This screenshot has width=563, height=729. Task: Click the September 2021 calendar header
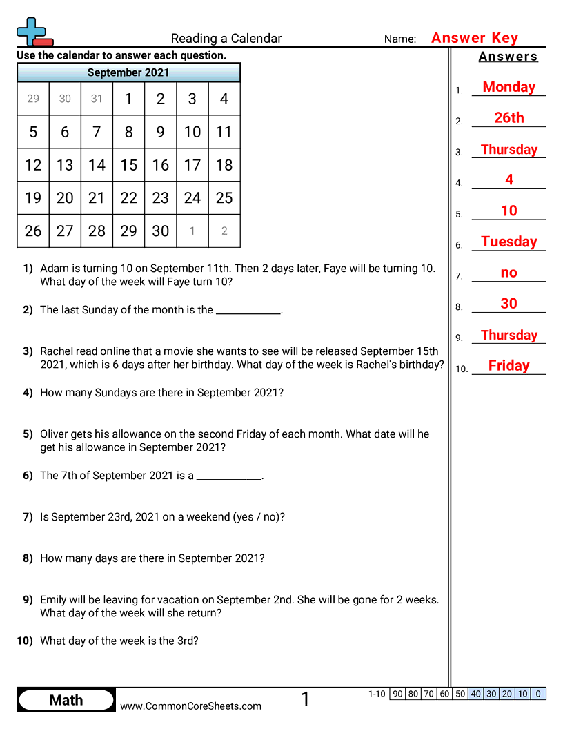[128, 72]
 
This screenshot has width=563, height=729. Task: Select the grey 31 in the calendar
[97, 99]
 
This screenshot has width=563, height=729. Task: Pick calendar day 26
[33, 231]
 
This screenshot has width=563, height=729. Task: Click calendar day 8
[128, 132]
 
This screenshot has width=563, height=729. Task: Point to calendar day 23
[160, 198]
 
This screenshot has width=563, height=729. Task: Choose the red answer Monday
[508, 87]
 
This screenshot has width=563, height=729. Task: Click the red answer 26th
[508, 118]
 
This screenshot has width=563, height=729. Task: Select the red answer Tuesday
[508, 242]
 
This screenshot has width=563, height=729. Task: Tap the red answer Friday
[508, 366]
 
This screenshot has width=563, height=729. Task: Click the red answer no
[508, 273]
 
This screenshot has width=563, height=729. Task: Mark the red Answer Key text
[475, 38]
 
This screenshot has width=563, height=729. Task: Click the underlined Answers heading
[508, 57]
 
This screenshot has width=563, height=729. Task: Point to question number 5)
[28, 434]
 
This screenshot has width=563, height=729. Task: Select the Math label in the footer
[66, 700]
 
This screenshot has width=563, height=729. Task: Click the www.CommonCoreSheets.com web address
[191, 706]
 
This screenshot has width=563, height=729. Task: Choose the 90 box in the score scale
[397, 694]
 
